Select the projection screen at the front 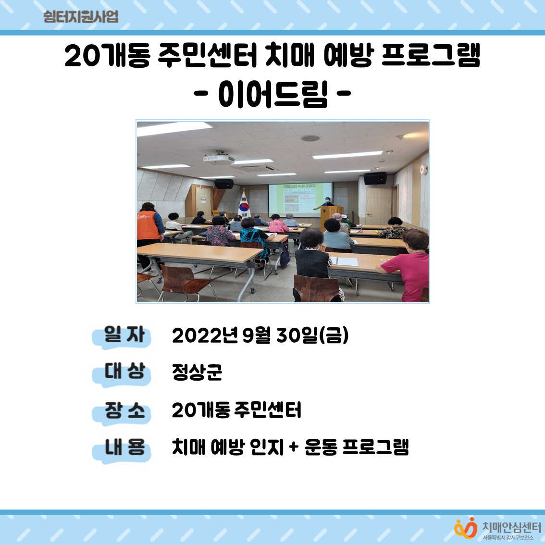(300, 198)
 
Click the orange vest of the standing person (149, 224)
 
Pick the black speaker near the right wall (375, 179)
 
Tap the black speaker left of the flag (223, 184)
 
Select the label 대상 (124, 372)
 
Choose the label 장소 (124, 410)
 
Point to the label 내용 (124, 448)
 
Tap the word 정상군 (197, 372)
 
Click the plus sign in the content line (294, 448)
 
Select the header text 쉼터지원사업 (81, 17)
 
